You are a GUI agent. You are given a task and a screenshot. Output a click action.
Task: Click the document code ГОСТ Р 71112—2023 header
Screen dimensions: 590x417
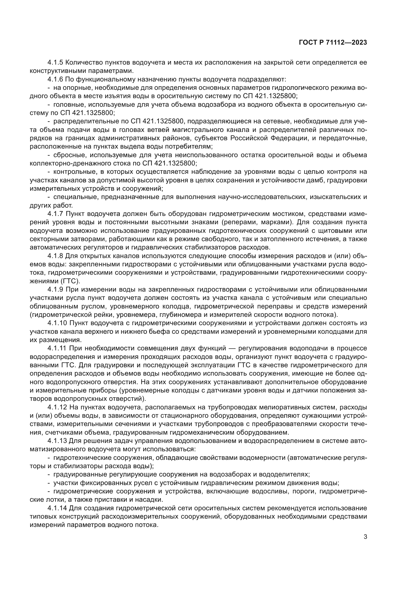pyautogui.click(x=333, y=43)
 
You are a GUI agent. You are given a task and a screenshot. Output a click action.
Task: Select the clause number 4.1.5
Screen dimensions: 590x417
pyautogui.click(x=55, y=63)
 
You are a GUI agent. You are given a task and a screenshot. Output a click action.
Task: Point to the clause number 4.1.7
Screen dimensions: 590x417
pyautogui.click(x=55, y=214)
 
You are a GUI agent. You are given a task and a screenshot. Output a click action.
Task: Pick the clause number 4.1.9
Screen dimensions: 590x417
pyautogui.click(x=55, y=290)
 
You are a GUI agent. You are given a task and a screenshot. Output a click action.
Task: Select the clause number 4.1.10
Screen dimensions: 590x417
pyautogui.click(x=57, y=323)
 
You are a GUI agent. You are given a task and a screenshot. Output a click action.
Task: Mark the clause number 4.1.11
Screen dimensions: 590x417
pyautogui.click(x=57, y=348)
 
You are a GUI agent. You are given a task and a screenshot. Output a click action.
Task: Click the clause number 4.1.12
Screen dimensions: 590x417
pyautogui.click(x=57, y=407)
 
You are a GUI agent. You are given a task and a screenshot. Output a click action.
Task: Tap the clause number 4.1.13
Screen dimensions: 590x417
pyautogui.click(x=57, y=441)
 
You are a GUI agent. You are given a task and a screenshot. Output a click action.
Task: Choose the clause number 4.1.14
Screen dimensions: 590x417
pyautogui.click(x=57, y=508)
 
